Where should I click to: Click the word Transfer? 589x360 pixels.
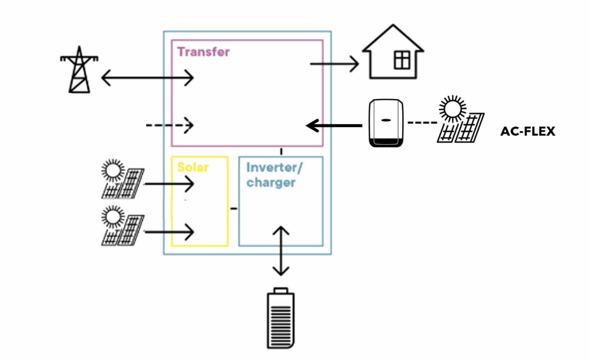click(203, 52)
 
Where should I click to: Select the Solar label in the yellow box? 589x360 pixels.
click(193, 167)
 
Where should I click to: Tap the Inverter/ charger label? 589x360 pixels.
click(274, 175)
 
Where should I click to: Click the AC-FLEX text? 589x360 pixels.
click(527, 131)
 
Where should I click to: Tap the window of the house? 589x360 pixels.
click(402, 61)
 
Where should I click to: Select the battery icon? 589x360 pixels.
click(281, 318)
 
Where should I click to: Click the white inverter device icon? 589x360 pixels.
click(386, 123)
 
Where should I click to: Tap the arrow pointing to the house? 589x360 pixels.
click(334, 64)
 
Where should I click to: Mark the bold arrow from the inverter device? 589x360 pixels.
click(334, 126)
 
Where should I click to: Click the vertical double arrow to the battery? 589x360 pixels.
click(281, 251)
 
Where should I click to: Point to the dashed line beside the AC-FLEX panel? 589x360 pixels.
click(422, 123)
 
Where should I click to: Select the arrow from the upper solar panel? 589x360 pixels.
click(169, 184)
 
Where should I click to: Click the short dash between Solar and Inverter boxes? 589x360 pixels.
click(234, 209)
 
